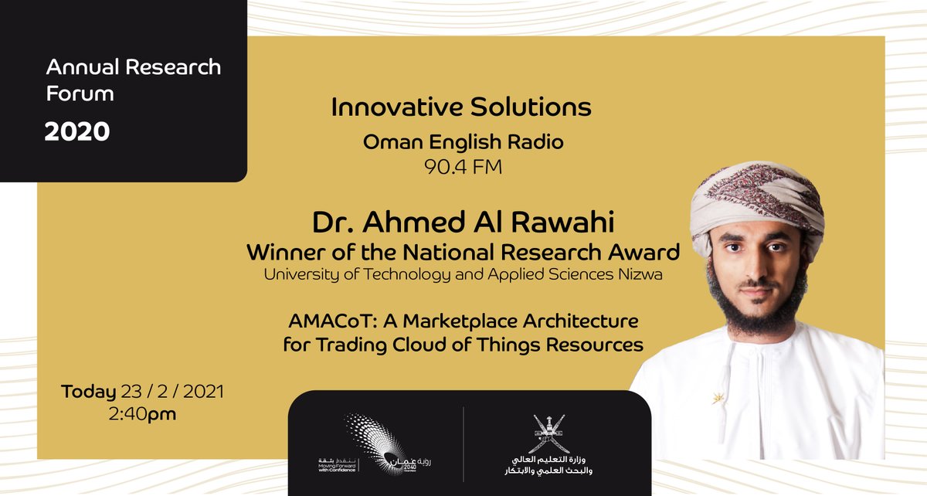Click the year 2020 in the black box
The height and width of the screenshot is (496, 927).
[77, 132]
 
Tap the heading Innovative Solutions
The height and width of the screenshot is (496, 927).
[461, 107]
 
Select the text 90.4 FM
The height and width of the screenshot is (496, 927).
[463, 166]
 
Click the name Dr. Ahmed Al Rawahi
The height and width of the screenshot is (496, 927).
[463, 223]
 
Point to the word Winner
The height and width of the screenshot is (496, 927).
[282, 252]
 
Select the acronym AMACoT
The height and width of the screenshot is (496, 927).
[324, 320]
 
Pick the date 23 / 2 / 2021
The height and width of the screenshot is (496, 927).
[171, 392]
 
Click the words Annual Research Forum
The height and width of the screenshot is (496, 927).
[133, 80]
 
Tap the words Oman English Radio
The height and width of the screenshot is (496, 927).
[463, 142]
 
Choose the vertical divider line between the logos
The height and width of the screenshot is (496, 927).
[463, 443]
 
